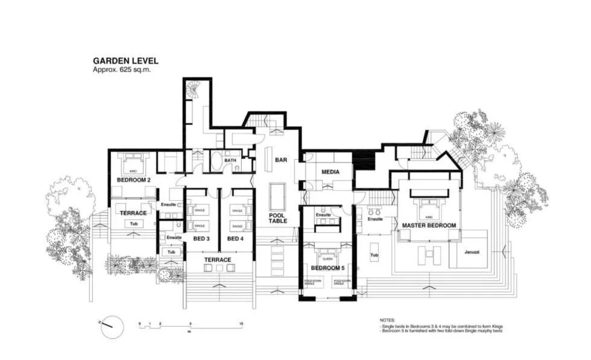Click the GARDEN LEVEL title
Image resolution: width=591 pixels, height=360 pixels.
[125, 61]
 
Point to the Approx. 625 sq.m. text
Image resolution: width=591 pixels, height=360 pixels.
[121, 70]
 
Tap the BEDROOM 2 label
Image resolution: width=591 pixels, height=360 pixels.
[133, 180]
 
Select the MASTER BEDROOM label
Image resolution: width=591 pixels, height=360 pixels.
[428, 226]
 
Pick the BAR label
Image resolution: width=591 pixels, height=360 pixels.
[280, 160]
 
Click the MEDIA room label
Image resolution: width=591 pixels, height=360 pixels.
[329, 172]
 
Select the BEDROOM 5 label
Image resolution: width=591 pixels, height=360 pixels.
[327, 268]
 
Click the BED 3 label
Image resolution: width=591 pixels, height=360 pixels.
[201, 239]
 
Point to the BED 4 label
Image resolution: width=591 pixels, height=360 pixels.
[235, 239]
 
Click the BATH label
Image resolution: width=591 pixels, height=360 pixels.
[230, 161]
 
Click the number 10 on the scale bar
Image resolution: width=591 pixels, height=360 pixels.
[241, 324]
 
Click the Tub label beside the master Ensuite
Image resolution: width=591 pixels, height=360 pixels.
[374, 255]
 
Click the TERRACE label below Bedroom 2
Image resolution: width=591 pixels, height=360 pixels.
[133, 213]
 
